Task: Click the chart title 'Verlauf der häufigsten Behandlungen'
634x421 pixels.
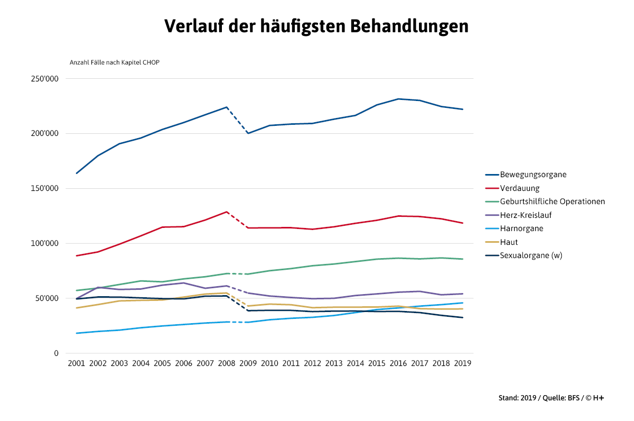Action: (316, 25)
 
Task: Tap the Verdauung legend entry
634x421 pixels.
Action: (519, 188)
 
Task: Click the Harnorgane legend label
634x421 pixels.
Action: (521, 228)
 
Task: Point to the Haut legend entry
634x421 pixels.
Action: (509, 242)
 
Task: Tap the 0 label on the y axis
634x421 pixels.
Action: (56, 353)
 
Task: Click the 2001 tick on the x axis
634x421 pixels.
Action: (77, 363)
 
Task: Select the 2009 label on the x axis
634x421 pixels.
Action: (248, 363)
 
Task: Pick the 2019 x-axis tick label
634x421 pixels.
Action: (463, 363)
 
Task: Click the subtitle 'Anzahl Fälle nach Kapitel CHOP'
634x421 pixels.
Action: (115, 62)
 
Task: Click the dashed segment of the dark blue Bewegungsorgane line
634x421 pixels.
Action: (237, 120)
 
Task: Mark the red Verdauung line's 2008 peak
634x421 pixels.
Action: (227, 212)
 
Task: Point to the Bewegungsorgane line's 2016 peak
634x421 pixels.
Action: (398, 99)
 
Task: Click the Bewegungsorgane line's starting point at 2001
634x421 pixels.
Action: (77, 173)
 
